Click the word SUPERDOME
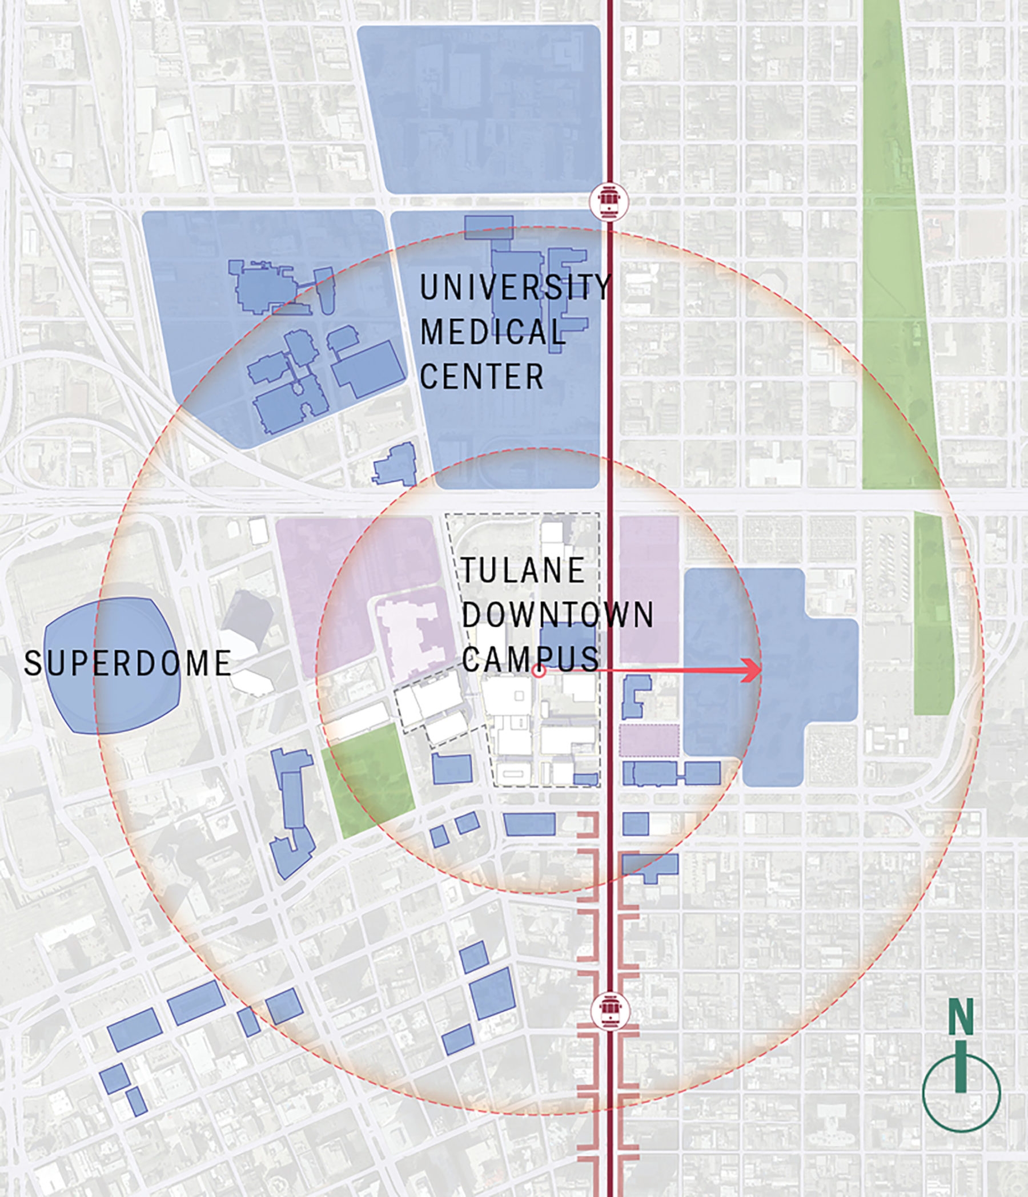click(128, 663)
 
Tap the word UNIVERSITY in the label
click(515, 287)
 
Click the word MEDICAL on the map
click(492, 332)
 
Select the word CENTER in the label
click(481, 377)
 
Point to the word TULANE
click(523, 571)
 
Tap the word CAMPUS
click(531, 659)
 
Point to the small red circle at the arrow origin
click(539, 671)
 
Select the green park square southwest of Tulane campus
click(368, 779)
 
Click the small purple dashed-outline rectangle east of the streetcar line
click(649, 740)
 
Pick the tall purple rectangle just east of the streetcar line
click(649, 589)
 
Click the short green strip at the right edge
click(933, 614)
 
